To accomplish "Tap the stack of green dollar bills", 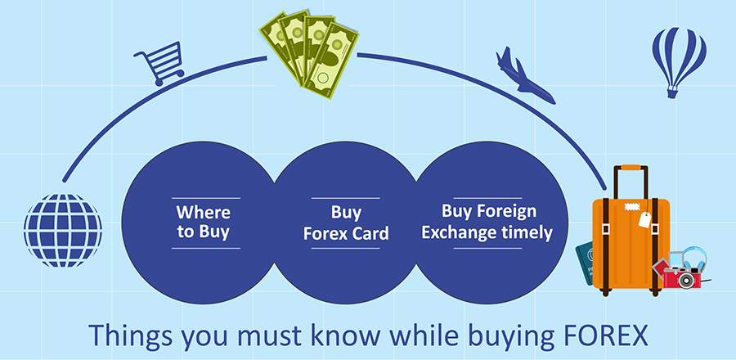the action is tap(309, 53).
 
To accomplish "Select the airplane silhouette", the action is tap(524, 76).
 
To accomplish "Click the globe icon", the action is tap(63, 231).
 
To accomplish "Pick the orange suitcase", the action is tap(631, 232).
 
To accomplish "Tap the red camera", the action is tap(681, 277).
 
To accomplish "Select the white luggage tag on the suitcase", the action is tap(644, 218).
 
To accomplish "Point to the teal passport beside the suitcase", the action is tap(585, 263).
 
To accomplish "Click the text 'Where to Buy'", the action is tap(204, 222).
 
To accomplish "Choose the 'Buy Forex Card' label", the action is tap(346, 223).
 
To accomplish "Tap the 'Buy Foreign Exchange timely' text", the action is tap(487, 222).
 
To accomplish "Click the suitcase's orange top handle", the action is tap(631, 168).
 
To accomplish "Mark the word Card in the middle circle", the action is tap(370, 233).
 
